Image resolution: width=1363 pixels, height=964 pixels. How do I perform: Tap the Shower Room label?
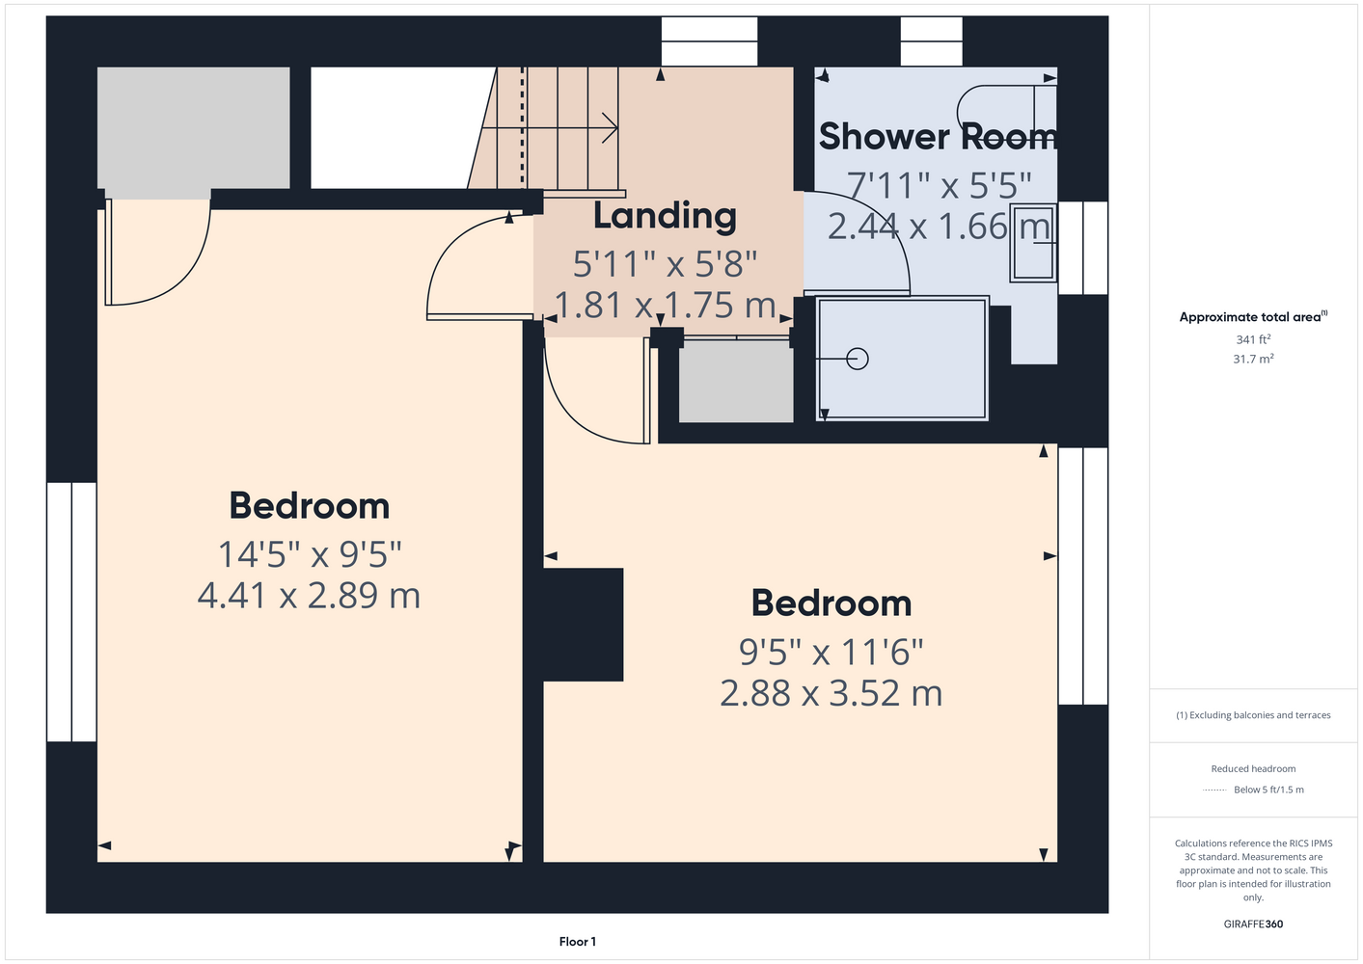click(938, 136)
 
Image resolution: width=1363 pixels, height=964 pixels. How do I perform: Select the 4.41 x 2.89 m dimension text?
click(309, 596)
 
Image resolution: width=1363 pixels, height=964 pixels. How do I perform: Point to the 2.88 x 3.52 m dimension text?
click(831, 693)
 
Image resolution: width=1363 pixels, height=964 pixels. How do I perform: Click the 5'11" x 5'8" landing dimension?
click(665, 264)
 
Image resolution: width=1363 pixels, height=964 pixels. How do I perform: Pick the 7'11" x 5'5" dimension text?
click(939, 185)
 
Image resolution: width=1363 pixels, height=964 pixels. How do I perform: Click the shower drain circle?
click(858, 359)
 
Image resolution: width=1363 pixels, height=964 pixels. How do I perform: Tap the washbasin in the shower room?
click(1033, 243)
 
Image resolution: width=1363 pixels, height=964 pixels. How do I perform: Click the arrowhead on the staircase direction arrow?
click(611, 128)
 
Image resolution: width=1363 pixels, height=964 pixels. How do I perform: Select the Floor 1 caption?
click(578, 942)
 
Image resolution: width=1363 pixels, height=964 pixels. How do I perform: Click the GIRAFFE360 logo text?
click(1253, 924)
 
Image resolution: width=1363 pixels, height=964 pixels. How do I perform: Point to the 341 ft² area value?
click(1253, 339)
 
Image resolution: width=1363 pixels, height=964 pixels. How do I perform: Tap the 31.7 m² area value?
click(1253, 359)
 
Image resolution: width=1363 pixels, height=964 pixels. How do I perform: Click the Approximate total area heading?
click(1253, 316)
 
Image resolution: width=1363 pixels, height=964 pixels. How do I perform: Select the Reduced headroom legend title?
click(1253, 768)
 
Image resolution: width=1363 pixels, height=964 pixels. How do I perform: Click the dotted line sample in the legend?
click(1214, 790)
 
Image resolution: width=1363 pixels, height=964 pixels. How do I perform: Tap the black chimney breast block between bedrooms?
click(583, 625)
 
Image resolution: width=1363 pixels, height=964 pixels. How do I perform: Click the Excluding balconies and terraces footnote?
click(1253, 715)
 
